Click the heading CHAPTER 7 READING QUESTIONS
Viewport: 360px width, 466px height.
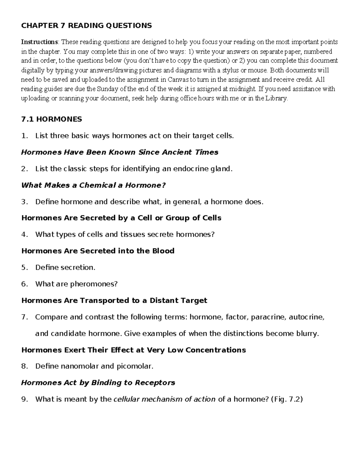(86, 26)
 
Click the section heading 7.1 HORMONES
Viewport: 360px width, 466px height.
(52, 119)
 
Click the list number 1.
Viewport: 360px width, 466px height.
(24, 136)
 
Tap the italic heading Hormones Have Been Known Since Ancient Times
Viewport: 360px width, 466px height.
(120, 152)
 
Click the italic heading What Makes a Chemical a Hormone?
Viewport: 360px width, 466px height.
(93, 185)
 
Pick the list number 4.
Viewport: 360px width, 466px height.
(24, 234)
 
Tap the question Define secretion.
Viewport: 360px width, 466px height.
(65, 267)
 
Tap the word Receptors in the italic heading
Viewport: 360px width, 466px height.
(155, 383)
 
